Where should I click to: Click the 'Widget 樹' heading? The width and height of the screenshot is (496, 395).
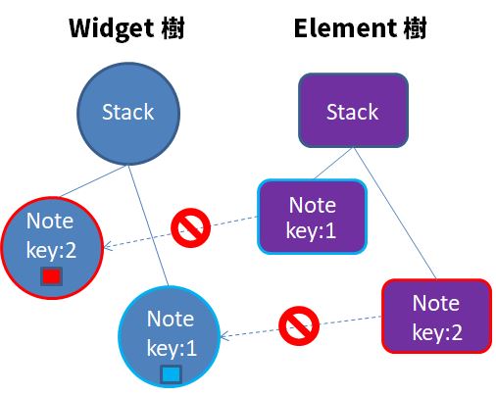tap(125, 27)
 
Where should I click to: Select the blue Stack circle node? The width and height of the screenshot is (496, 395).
tap(128, 112)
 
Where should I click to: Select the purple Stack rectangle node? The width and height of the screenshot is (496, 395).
tap(352, 112)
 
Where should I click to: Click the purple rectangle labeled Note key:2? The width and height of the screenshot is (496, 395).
tap(435, 317)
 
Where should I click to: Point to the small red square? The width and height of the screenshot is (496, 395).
tap(52, 278)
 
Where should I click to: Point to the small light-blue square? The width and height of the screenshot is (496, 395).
tap(171, 373)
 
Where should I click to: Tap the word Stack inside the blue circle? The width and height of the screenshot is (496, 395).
tap(128, 112)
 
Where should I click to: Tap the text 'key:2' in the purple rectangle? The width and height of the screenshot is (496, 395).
tap(435, 331)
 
